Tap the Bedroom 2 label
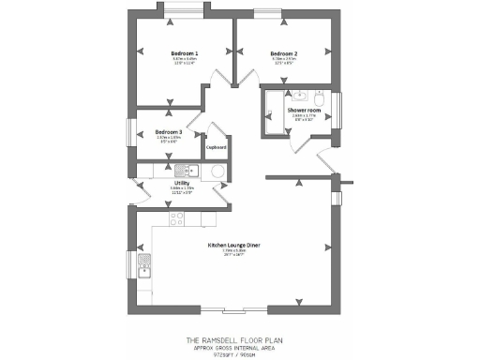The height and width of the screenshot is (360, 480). (283, 53)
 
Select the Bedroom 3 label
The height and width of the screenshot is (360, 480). (169, 131)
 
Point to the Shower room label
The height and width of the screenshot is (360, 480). (304, 111)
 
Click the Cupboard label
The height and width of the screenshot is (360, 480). (217, 147)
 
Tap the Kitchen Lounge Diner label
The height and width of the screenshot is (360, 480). (233, 246)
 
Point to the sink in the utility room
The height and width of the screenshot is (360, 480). (184, 171)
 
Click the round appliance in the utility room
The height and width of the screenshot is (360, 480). (217, 171)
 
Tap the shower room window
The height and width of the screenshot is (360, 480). (341, 109)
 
